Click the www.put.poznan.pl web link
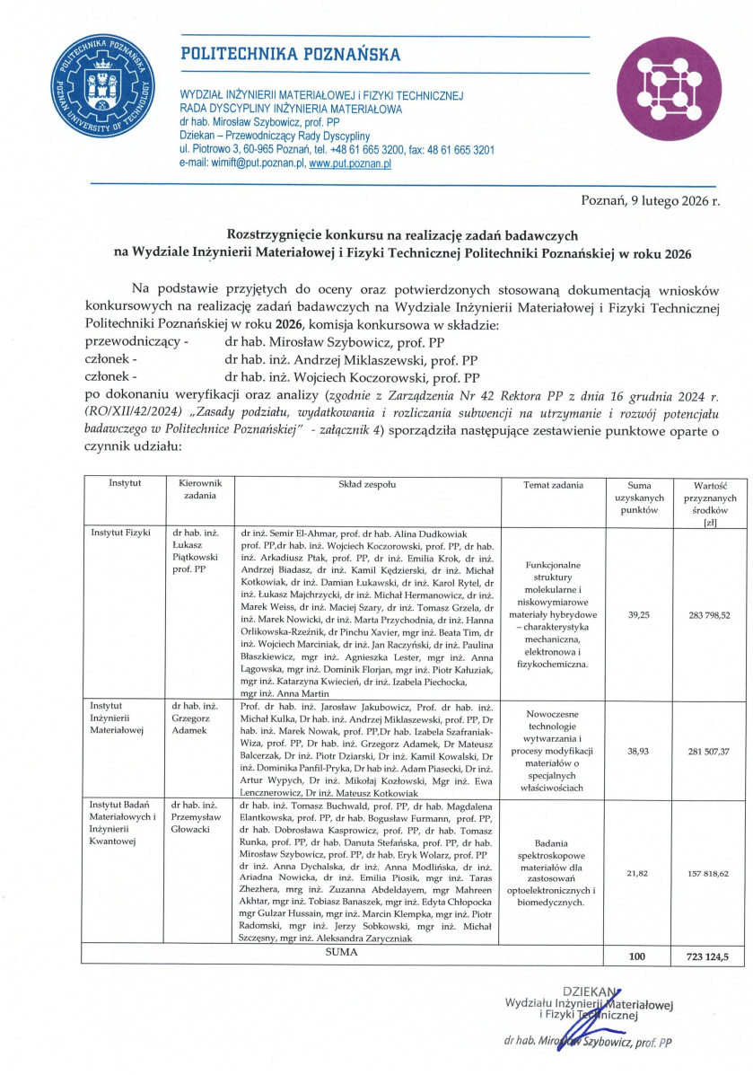coord(350,163)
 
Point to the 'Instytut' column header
coord(125,484)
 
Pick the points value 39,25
coord(639,614)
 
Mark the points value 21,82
coord(639,872)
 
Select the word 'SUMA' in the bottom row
coord(342,952)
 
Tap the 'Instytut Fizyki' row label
coord(120,533)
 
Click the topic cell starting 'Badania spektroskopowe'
coord(553,872)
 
